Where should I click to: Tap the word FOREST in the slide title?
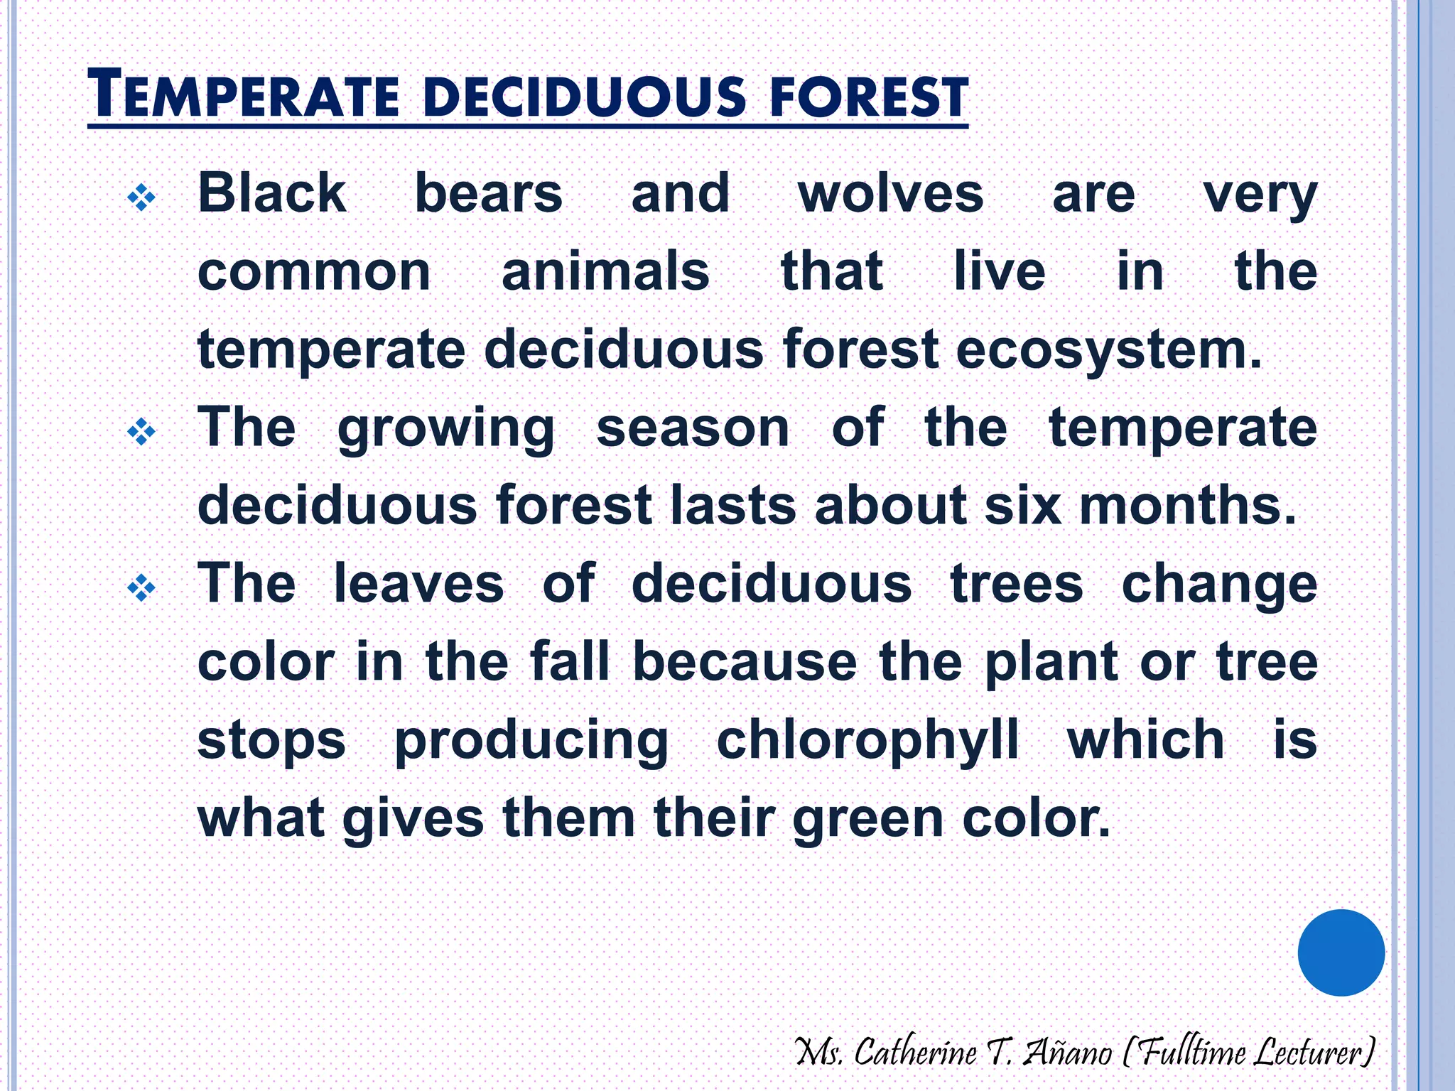pos(868,97)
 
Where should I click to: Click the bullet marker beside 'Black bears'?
pos(141,197)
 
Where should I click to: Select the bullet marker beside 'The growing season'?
pos(141,431)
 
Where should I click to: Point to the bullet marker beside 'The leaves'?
pos(141,587)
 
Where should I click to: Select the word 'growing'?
pos(445,429)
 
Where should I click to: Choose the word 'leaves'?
pos(418,584)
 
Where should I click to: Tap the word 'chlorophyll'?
pos(867,742)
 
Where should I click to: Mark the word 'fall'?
pos(570,662)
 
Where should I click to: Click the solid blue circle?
pos(1341,952)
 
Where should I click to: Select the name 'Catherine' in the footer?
pos(915,1052)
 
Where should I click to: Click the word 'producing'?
pos(531,742)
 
